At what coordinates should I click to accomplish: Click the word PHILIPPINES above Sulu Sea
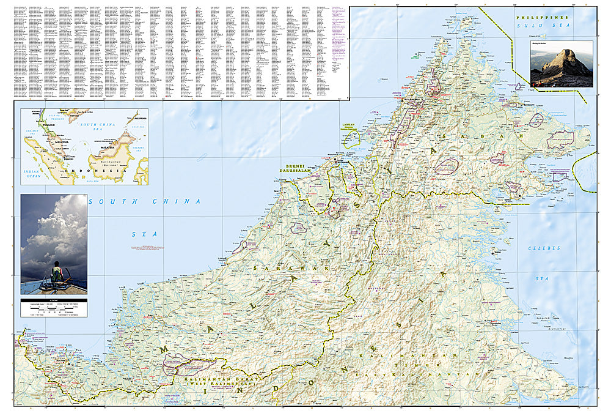[x=542, y=18]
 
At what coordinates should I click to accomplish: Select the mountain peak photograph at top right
[x=562, y=64]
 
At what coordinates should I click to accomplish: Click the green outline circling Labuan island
[x=350, y=138]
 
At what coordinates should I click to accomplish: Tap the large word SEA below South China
[x=145, y=234]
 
